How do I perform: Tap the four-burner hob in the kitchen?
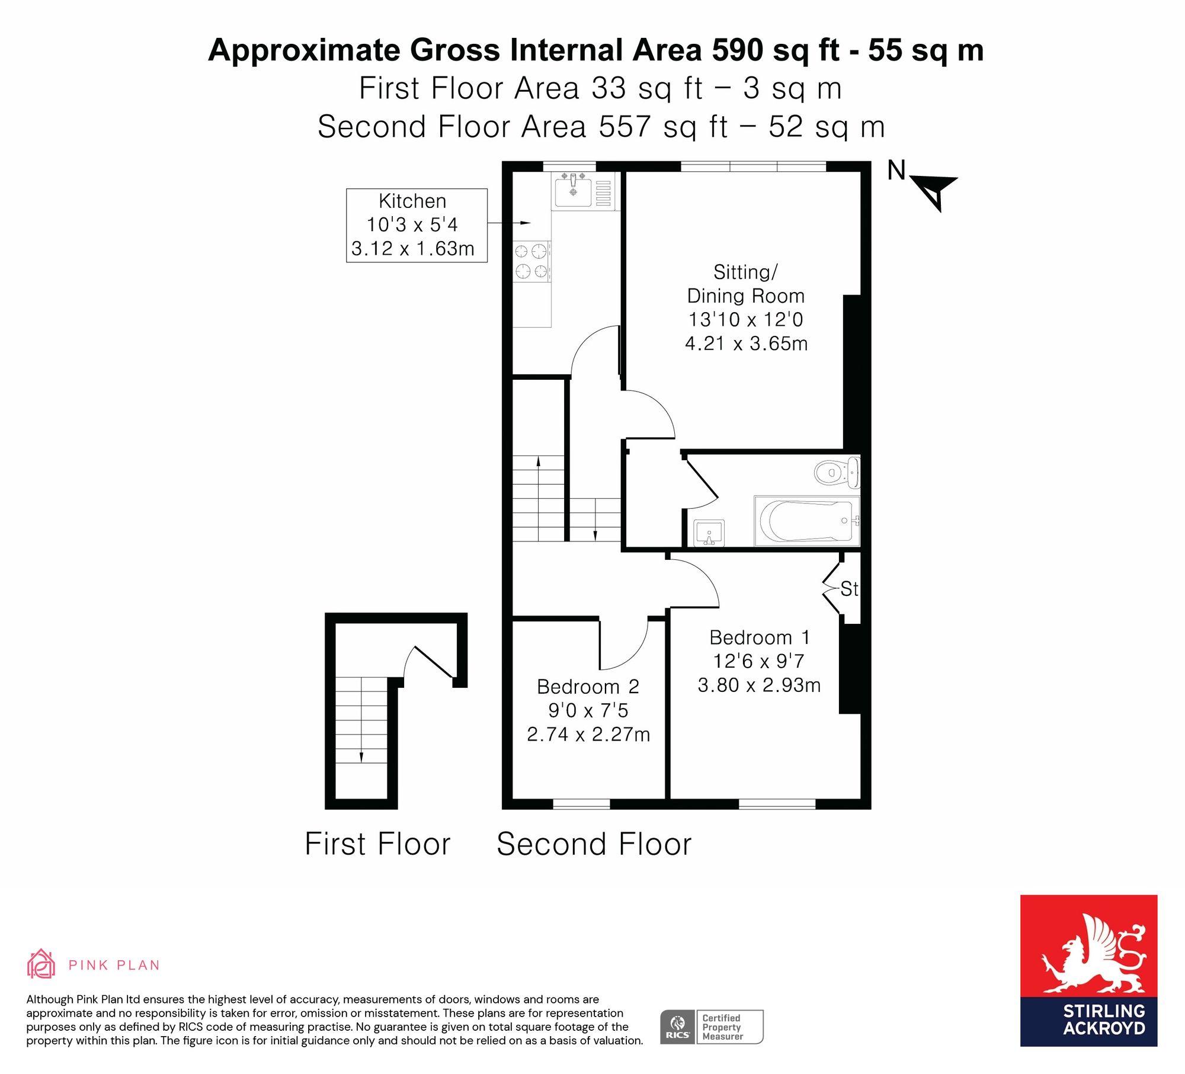pos(532,261)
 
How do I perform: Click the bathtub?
pos(806,521)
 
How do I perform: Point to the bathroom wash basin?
pos(709,533)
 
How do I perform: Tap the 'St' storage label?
pos(849,589)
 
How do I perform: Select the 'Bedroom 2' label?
pos(588,687)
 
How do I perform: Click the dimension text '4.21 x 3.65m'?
pos(746,343)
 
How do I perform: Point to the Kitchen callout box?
pos(417,225)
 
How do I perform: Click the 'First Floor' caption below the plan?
pos(377,844)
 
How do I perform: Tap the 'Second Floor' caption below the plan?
pos(594,844)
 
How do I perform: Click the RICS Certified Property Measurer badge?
pos(712,1027)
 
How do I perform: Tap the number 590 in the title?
pos(737,50)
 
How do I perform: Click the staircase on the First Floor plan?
pos(361,720)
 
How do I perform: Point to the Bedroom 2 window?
pos(581,804)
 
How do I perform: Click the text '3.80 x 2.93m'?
pos(759,685)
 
